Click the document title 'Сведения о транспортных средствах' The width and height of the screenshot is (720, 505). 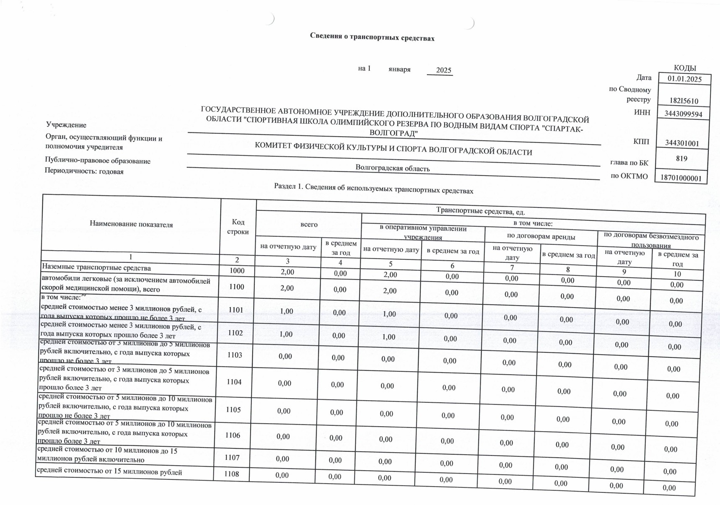[x=372, y=37]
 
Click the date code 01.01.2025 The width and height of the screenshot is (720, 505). [x=684, y=79]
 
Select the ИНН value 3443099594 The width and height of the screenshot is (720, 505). [x=683, y=114]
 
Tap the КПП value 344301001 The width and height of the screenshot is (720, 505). [x=682, y=143]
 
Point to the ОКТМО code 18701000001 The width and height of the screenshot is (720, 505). [x=681, y=178]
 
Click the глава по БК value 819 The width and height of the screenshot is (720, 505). [x=681, y=158]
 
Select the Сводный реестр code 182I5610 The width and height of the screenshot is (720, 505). [x=684, y=101]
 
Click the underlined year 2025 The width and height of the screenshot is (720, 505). [x=443, y=70]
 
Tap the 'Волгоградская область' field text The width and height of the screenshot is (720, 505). [x=392, y=168]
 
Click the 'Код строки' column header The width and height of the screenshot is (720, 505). [x=238, y=226]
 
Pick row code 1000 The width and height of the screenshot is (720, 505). [x=237, y=270]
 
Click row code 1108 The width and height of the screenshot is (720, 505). [x=231, y=474]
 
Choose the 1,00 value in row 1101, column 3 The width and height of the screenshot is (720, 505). [x=286, y=311]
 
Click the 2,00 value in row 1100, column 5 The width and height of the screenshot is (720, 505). [x=390, y=290]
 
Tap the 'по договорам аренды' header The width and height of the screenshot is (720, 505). [x=541, y=236]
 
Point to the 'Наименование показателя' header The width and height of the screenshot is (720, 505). [x=131, y=224]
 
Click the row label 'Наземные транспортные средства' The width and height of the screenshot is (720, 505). [x=96, y=267]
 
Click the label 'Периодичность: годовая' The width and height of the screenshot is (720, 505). [x=84, y=171]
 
